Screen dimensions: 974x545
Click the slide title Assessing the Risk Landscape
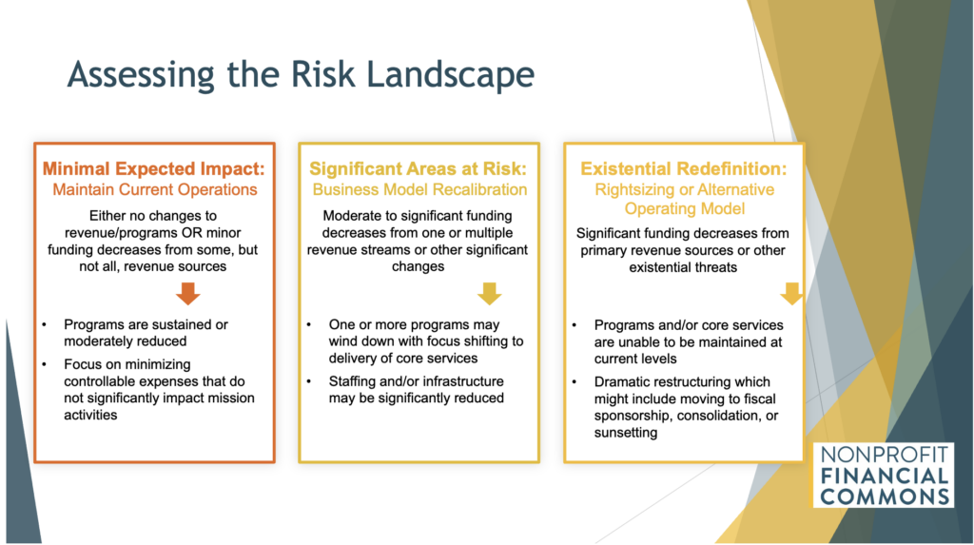(301, 74)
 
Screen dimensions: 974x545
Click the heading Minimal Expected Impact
(153, 168)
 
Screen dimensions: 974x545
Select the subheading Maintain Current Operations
(155, 189)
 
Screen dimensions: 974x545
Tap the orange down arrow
(187, 293)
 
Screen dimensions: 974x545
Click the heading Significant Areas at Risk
(419, 168)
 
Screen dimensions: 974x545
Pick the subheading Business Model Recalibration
(419, 189)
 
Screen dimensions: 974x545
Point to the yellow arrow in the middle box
(490, 293)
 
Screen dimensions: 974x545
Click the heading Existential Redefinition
(683, 168)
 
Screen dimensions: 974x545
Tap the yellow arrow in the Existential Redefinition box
(791, 293)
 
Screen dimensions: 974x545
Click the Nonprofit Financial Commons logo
(884, 475)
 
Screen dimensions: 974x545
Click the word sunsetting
(626, 433)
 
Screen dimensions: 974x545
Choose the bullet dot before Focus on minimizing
(45, 365)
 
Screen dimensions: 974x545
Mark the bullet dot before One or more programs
(309, 325)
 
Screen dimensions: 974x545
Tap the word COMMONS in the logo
(885, 496)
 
